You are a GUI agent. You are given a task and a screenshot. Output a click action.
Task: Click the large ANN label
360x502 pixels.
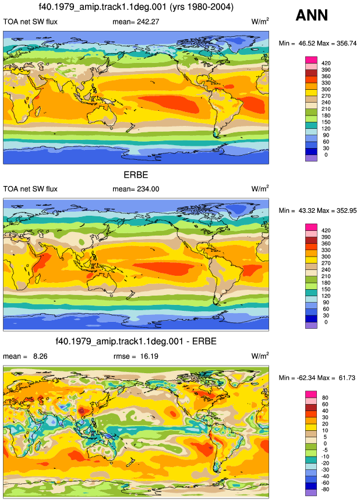click(312, 15)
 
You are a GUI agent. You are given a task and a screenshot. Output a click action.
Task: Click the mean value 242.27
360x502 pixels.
click(147, 22)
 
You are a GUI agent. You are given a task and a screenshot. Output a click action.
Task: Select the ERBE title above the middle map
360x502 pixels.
click(136, 175)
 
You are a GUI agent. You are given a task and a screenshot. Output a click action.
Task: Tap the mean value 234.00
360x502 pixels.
click(147, 189)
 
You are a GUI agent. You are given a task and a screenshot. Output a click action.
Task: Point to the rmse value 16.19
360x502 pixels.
click(149, 356)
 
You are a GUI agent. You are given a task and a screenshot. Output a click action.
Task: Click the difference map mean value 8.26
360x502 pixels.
click(40, 356)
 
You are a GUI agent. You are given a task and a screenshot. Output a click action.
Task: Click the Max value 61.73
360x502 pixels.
click(347, 378)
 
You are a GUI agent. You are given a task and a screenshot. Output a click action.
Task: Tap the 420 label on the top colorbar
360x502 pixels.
click(326, 63)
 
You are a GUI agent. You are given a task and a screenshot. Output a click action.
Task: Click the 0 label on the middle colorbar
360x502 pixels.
click(326, 322)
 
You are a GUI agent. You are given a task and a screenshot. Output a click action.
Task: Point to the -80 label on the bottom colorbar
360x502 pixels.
click(325, 489)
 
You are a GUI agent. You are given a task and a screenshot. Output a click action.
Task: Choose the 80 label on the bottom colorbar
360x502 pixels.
click(325, 398)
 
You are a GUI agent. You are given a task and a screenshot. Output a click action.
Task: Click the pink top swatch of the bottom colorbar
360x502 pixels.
click(311, 394)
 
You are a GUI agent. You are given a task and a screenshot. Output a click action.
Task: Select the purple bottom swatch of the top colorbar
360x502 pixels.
click(311, 158)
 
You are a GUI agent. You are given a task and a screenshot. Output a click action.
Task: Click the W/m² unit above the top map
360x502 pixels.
click(260, 22)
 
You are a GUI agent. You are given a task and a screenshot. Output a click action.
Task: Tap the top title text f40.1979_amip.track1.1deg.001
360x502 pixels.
click(103, 7)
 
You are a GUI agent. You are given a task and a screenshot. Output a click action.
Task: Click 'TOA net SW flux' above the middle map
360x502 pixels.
click(30, 189)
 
